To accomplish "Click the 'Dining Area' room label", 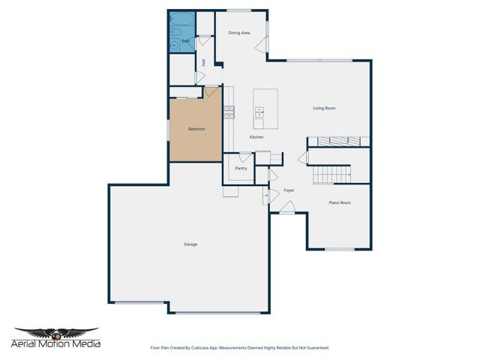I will (239, 33).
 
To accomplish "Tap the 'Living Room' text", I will (324, 108).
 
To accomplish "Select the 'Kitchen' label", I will (256, 137).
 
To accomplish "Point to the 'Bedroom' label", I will (196, 129).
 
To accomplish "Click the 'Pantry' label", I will (241, 168).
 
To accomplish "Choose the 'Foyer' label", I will (289, 190).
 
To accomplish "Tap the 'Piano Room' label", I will (340, 202).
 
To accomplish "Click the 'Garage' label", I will (190, 244).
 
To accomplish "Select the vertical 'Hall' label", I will (204, 63).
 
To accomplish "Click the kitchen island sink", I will (260, 113).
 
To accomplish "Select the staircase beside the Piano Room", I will (331, 175).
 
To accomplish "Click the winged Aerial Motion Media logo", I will (57, 334).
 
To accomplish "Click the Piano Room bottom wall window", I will (340, 249).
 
